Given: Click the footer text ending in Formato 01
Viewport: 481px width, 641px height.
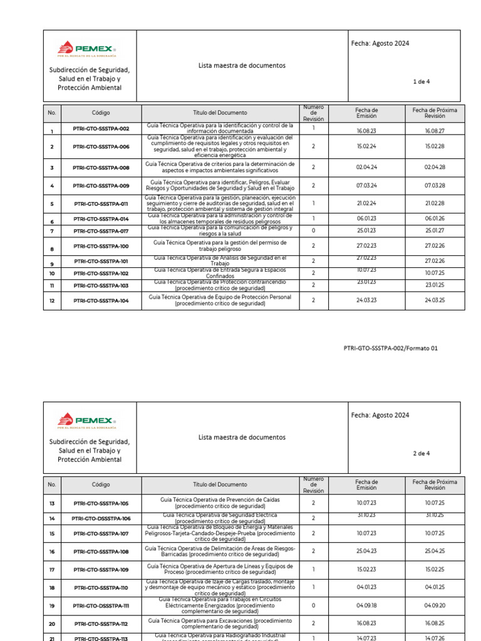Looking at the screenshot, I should pyautogui.click(x=391, y=349).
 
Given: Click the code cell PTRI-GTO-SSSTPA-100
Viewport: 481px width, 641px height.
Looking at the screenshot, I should pyautogui.click(x=101, y=247).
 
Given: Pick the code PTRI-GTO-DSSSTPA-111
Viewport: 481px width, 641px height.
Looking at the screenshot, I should pyautogui.click(x=101, y=606).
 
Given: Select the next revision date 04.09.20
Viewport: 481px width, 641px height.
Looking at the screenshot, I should pyautogui.click(x=435, y=606).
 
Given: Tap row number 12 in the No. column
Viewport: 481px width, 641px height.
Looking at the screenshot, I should pyautogui.click(x=52, y=301).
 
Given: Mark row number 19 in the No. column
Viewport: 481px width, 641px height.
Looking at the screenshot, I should pyautogui.click(x=52, y=606).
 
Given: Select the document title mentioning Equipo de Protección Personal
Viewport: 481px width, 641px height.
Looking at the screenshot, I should pyautogui.click(x=219, y=300).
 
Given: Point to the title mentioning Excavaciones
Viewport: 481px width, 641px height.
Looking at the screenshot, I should pyautogui.click(x=219, y=623).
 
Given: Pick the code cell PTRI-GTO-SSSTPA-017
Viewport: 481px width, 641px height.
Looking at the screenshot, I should pyautogui.click(x=101, y=231).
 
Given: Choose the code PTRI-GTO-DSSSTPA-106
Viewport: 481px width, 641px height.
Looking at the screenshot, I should pyautogui.click(x=101, y=518).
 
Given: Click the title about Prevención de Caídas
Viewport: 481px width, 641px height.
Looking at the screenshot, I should pyautogui.click(x=219, y=503).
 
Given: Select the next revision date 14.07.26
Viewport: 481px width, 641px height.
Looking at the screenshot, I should pyautogui.click(x=435, y=637).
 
